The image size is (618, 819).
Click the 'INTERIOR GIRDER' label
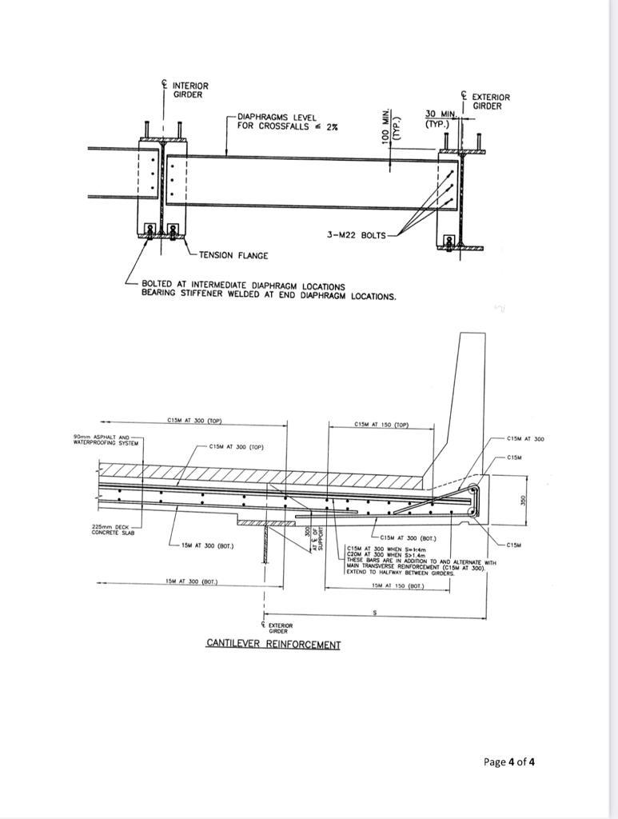pyautogui.click(x=189, y=90)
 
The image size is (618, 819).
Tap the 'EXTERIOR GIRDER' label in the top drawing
pyautogui.click(x=490, y=102)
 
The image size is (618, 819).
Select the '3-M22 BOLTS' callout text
pyautogui.click(x=356, y=235)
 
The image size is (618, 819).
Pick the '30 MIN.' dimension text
pyautogui.click(x=440, y=114)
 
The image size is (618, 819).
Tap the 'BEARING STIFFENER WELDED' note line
pyautogui.click(x=268, y=296)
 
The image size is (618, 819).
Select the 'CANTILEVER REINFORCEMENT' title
pyautogui.click(x=273, y=644)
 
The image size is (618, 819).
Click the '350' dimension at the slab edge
pyautogui.click(x=524, y=498)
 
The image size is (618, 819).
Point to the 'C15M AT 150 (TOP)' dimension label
pyautogui.click(x=381, y=425)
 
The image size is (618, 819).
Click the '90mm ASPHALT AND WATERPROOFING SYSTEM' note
pyautogui.click(x=106, y=439)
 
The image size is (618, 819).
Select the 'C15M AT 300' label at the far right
pyautogui.click(x=524, y=439)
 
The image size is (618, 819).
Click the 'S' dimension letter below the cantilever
pyautogui.click(x=375, y=613)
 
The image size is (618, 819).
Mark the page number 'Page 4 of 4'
pyautogui.click(x=508, y=761)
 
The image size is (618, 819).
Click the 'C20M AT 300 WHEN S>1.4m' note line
pyautogui.click(x=382, y=554)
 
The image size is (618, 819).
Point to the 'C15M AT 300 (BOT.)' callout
pyautogui.click(x=408, y=537)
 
